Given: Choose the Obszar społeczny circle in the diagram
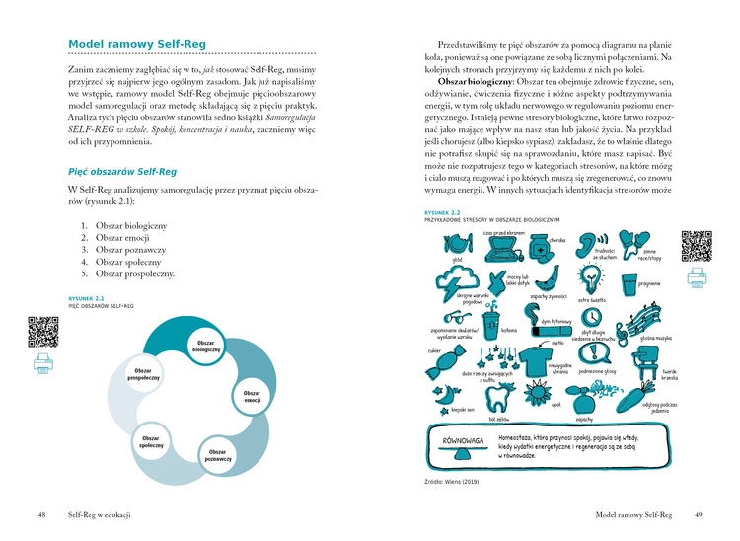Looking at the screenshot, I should [x=151, y=442].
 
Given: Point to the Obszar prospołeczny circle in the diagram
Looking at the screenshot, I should [x=138, y=374].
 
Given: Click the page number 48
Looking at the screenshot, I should [x=42, y=514].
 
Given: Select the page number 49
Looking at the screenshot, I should [x=697, y=514].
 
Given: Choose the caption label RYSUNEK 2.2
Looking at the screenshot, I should [x=442, y=211].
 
